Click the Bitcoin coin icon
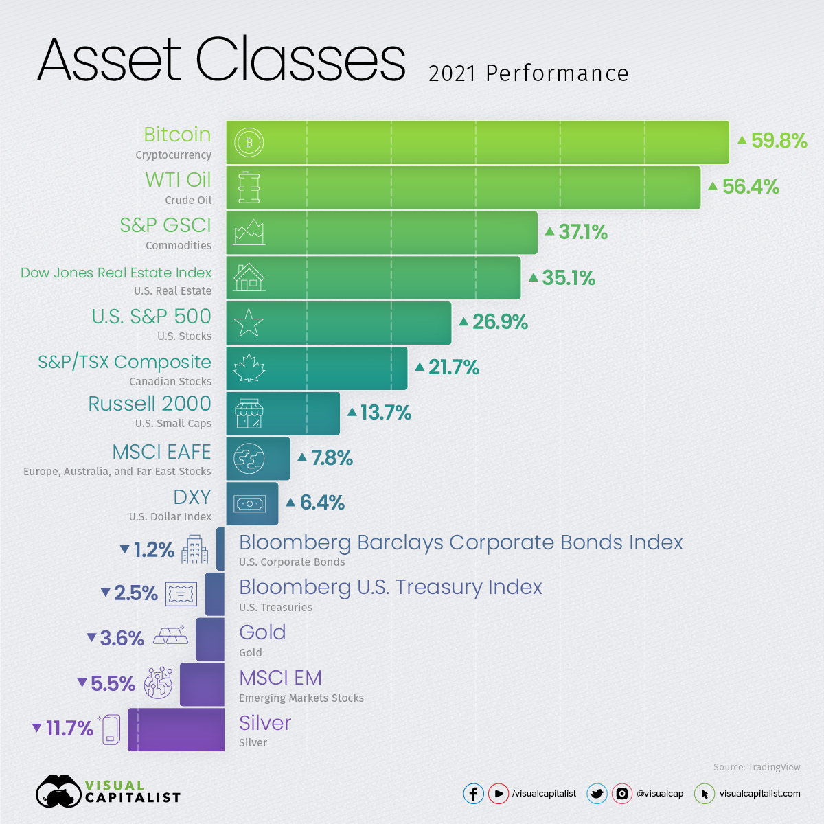click(x=249, y=142)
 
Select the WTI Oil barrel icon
click(x=249, y=187)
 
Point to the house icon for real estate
click(x=249, y=277)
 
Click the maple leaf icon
click(x=249, y=368)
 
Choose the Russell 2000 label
click(x=150, y=404)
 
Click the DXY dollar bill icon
click(x=249, y=504)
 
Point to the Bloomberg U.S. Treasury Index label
click(x=390, y=588)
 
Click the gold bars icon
click(x=170, y=636)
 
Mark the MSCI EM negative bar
click(x=202, y=684)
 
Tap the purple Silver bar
click(x=176, y=729)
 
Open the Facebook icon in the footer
click(x=473, y=794)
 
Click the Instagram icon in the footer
click(x=621, y=794)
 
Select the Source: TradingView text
click(x=757, y=767)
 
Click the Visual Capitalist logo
click(x=108, y=792)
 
